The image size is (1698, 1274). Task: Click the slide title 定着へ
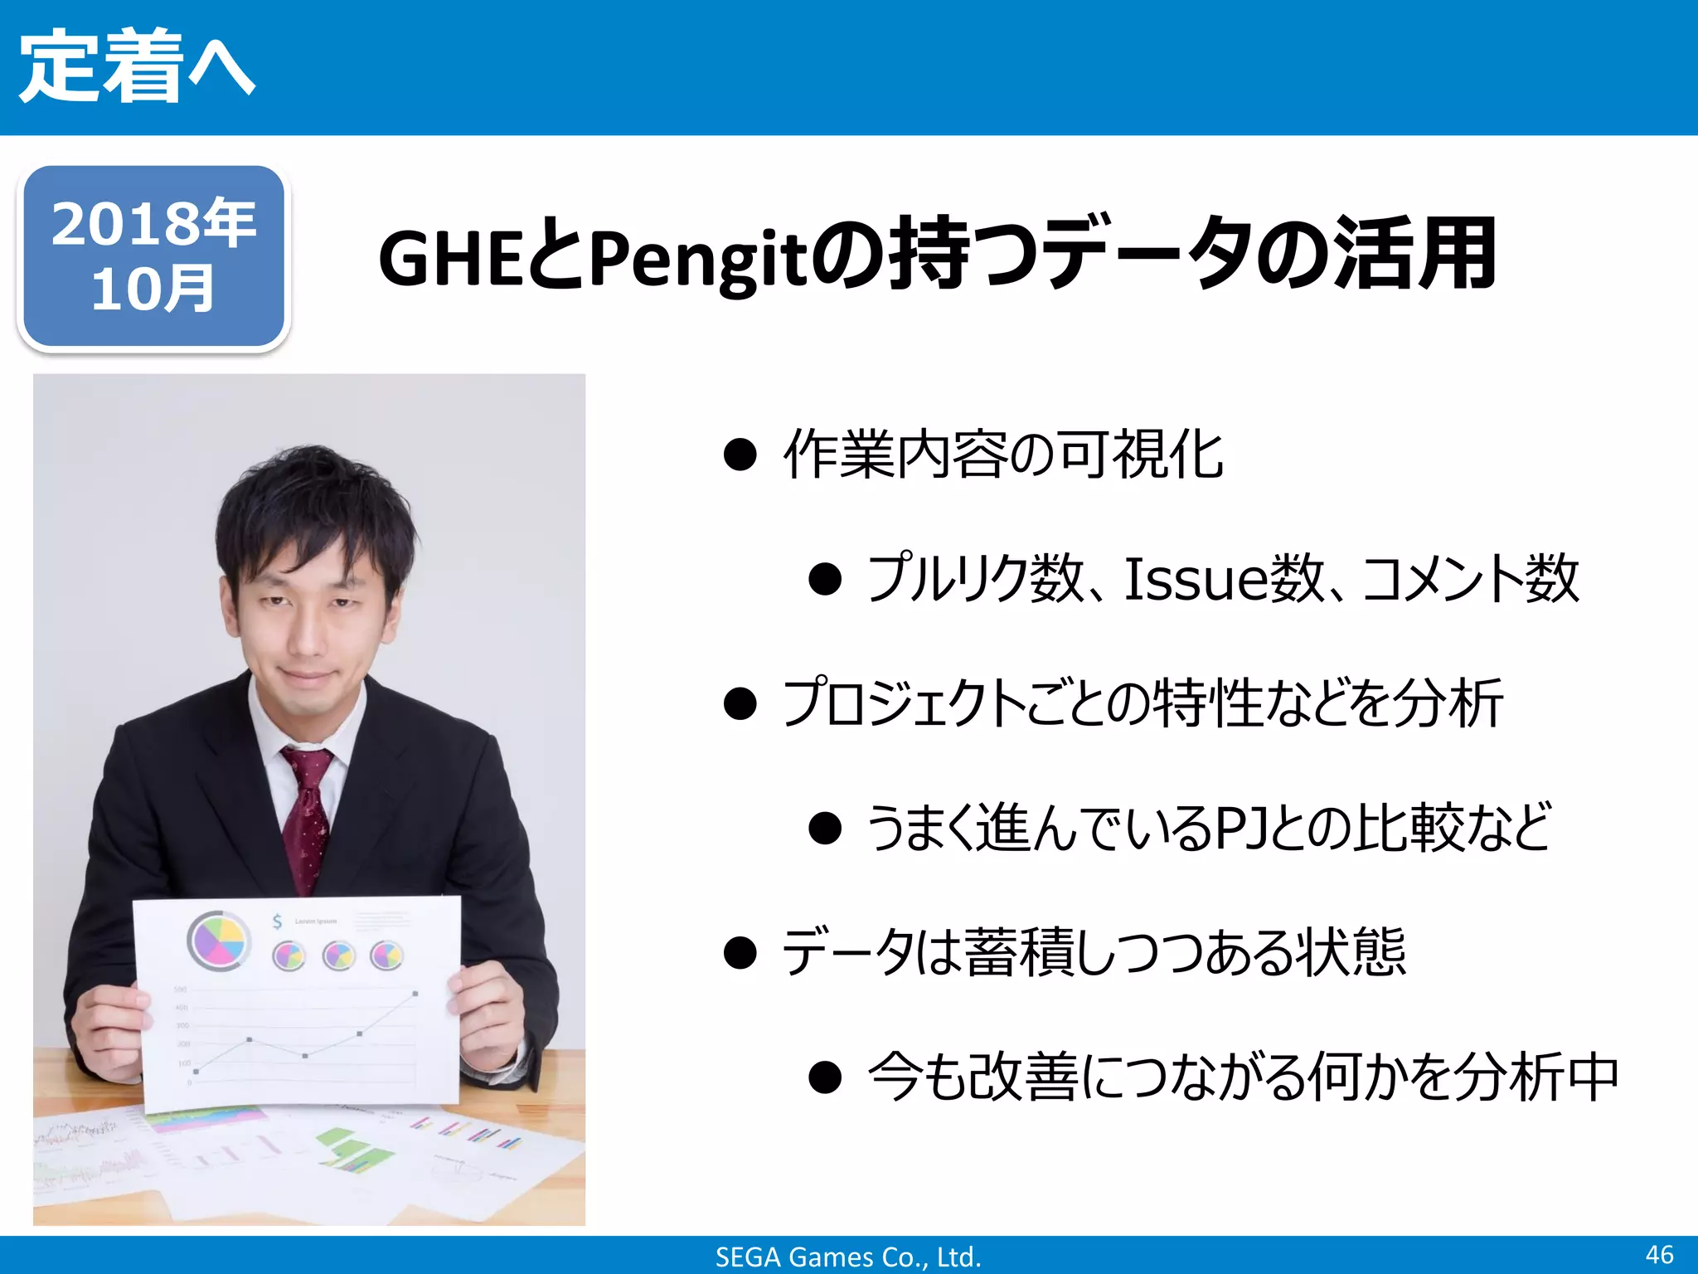click(x=137, y=66)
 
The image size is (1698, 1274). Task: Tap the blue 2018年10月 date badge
click(x=153, y=256)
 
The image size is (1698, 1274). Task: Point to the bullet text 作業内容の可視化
click(x=1003, y=455)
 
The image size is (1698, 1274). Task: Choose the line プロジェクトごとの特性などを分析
click(x=1143, y=703)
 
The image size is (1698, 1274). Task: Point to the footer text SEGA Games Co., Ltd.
click(x=848, y=1257)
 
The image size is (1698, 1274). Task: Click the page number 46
click(x=1659, y=1254)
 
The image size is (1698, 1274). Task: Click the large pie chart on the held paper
click(x=219, y=941)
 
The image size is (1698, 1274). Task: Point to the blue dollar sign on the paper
click(x=278, y=921)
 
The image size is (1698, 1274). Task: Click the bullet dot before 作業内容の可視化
click(x=740, y=455)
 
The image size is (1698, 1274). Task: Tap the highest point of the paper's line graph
click(x=415, y=993)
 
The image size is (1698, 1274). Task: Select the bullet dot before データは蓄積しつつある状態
click(x=740, y=952)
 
